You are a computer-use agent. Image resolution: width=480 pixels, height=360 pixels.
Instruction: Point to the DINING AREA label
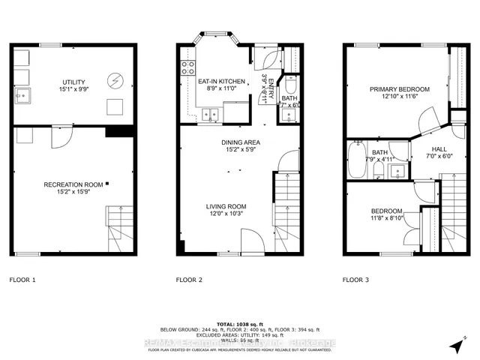pos(241,142)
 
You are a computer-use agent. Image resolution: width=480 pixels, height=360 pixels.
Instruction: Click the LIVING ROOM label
pos(226,206)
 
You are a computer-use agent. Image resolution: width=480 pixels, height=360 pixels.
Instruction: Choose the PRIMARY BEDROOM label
pos(397,89)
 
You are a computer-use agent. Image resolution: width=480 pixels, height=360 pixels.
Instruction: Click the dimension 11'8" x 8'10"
pos(386,219)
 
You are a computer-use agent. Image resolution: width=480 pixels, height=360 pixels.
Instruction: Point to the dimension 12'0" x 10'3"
pos(226,214)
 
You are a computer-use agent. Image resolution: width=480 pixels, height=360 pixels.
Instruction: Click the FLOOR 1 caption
pos(22,280)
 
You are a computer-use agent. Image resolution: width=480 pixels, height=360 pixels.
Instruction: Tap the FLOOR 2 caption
pos(190,280)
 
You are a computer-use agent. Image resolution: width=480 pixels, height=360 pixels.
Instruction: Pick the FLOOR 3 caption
pos(356,280)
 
